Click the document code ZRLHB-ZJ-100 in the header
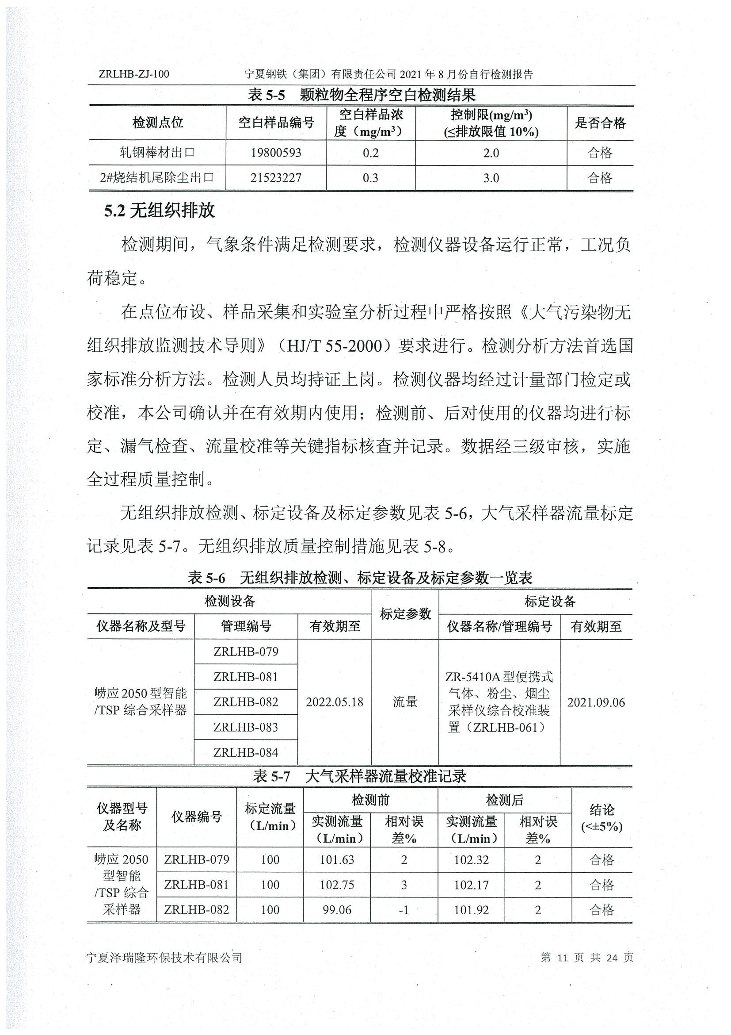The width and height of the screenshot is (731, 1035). [134, 74]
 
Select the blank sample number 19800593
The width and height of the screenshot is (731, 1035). [276, 153]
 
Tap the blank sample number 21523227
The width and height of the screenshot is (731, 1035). [276, 178]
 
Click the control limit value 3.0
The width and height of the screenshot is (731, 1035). [491, 178]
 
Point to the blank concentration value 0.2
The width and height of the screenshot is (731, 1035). [371, 153]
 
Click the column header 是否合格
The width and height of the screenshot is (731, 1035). [600, 123]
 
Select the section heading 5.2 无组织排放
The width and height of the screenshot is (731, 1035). [160, 211]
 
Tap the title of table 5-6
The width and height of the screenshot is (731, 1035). [360, 578]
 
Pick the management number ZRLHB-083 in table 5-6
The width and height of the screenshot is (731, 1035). [246, 727]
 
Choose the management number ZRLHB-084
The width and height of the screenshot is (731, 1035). [246, 752]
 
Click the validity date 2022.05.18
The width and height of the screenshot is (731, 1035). [334, 702]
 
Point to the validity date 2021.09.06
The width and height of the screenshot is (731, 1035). [596, 702]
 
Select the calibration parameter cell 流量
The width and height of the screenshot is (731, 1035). [405, 702]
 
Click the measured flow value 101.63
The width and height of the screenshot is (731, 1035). [337, 860]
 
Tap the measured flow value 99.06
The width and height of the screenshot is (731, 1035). [337, 910]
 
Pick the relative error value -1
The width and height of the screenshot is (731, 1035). [404, 910]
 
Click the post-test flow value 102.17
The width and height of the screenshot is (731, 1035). [471, 885]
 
